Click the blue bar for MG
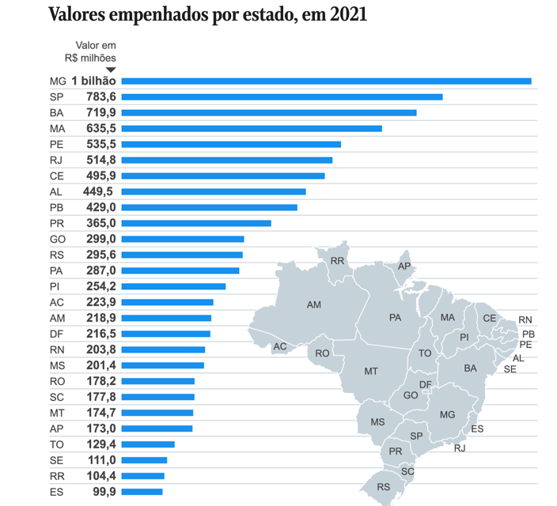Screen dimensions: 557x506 tap(327, 81)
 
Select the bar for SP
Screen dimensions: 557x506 tap(282, 97)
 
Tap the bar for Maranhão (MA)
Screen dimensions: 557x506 tap(252, 129)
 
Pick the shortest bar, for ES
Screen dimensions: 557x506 tap(142, 492)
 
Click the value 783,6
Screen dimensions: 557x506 tap(101, 97)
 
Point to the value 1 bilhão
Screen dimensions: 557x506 tap(94, 81)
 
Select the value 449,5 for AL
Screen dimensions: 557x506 tap(98, 192)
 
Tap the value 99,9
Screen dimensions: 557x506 tap(104, 492)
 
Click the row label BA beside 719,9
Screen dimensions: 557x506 tap(56, 113)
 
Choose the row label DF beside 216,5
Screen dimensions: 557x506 tap(56, 334)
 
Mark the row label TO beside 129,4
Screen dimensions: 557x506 tap(57, 445)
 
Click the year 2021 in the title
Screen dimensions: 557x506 tap(348, 15)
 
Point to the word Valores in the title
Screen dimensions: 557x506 tap(77, 15)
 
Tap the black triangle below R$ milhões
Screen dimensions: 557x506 tap(111, 70)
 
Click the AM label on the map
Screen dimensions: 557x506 tap(314, 305)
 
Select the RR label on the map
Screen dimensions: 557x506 tap(338, 262)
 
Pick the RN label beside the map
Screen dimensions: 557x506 tap(525, 320)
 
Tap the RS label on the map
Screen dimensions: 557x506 tap(384, 487)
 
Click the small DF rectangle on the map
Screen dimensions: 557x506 tap(426, 391)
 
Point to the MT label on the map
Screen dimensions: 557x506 tap(371, 372)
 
